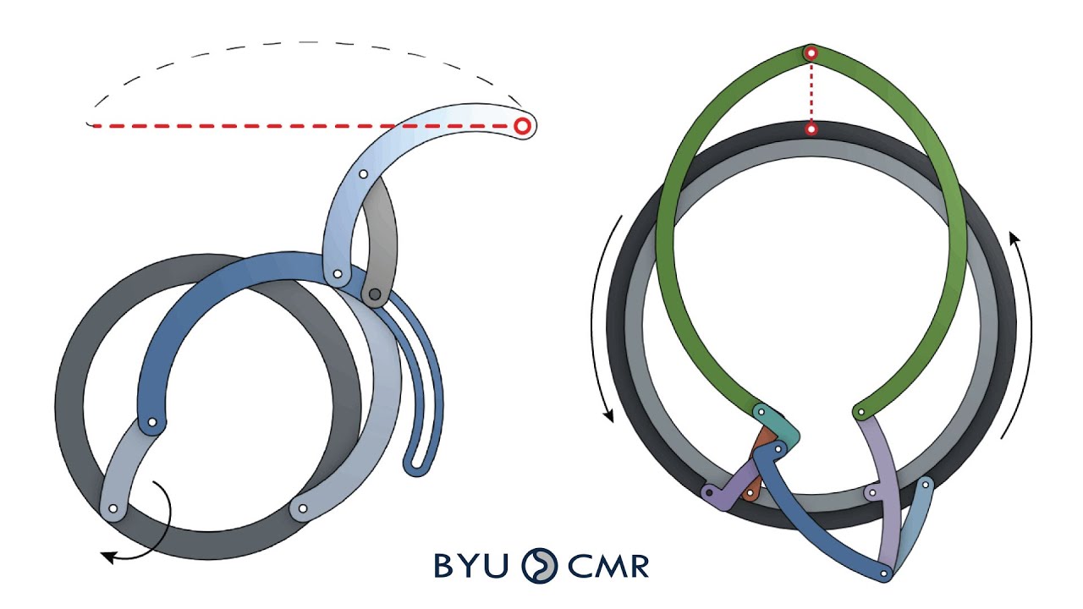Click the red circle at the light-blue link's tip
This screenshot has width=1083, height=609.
pos(523,126)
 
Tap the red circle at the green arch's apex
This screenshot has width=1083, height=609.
pos(811,53)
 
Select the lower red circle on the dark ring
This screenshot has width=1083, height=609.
pos(811,129)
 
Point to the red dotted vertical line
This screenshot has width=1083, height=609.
pos(811,91)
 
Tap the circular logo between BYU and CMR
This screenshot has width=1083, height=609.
pos(539,565)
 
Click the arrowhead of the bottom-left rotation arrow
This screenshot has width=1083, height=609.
pos(107,556)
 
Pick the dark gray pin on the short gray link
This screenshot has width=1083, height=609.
pos(374,294)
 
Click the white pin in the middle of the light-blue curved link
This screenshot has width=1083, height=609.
pos(363,174)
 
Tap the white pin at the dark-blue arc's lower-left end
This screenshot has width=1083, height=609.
pos(152,422)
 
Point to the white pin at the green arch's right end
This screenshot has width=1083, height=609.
pos(860,413)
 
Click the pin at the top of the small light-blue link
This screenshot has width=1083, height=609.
pos(926,486)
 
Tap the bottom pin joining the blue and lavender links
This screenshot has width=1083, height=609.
pos(884,574)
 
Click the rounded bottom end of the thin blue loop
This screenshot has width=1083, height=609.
pos(415,465)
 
